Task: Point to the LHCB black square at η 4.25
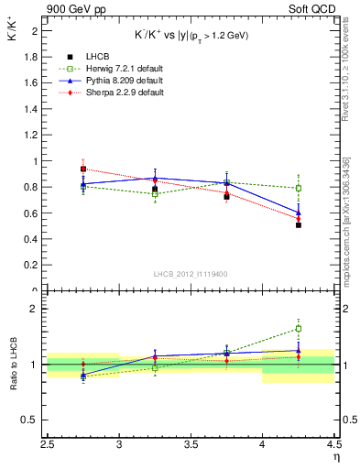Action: click(x=298, y=224)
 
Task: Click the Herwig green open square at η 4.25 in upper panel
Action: click(x=298, y=188)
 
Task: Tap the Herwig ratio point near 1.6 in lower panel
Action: click(x=298, y=328)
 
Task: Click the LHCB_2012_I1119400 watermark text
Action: click(x=191, y=274)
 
